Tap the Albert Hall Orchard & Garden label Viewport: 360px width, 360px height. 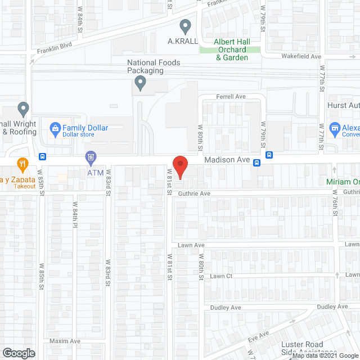pyautogui.click(x=231, y=49)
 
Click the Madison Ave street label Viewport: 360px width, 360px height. pyautogui.click(x=227, y=160)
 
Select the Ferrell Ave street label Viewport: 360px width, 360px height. pyautogui.click(x=232, y=97)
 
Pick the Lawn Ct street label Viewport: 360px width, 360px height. pyautogui.click(x=221, y=276)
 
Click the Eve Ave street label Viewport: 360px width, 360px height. pyautogui.click(x=259, y=338)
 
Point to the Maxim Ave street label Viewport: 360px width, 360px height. pyautogui.click(x=65, y=341)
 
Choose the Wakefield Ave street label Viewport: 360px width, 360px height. pyautogui.click(x=301, y=57)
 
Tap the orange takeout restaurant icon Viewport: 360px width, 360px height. pyautogui.click(x=22, y=164)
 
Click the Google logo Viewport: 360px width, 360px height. pyautogui.click(x=18, y=353)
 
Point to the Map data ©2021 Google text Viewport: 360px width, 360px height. pyautogui.click(x=325, y=355)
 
